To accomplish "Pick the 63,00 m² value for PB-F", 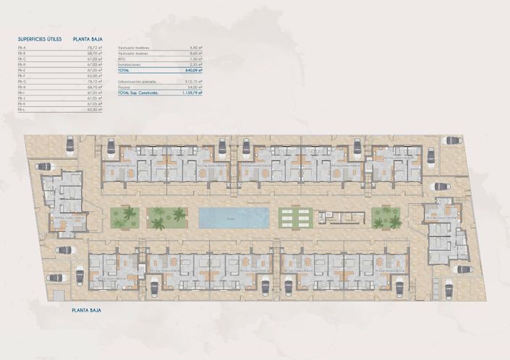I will [x=91, y=75].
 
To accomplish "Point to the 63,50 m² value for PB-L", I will [x=91, y=111].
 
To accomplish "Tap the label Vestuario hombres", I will [x=135, y=48].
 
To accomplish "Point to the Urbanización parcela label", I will [x=137, y=81].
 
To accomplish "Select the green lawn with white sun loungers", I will [x=294, y=217].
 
